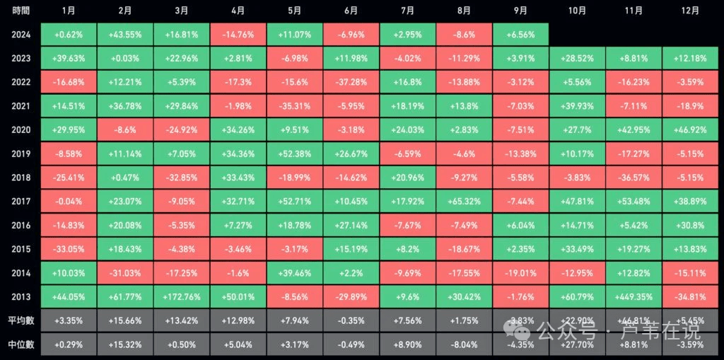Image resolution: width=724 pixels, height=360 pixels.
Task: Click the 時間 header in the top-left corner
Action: pos(21,11)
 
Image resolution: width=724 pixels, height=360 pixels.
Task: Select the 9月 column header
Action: pos(520,11)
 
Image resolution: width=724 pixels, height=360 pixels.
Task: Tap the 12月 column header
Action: pos(691,11)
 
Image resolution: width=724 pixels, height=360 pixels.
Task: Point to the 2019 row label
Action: pos(21,153)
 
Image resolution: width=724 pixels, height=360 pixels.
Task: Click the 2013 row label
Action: pos(21,297)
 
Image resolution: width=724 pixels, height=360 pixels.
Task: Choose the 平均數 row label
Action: pos(21,321)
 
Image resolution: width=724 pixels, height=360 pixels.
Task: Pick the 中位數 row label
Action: pos(21,344)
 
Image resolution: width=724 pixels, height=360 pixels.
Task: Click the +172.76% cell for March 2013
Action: pos(182,297)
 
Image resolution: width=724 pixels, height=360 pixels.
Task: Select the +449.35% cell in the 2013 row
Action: pos(633,297)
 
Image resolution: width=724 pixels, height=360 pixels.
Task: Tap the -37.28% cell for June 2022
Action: pos(351,82)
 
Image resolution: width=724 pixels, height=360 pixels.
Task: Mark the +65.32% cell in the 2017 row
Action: pos(465,202)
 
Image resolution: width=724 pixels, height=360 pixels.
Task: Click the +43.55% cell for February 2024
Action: pos(125,35)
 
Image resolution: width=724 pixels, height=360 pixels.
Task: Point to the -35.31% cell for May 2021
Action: pos(295,106)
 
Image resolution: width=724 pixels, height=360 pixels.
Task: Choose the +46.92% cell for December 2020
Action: pos(691,130)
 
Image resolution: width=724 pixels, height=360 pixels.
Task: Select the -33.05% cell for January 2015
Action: pos(69,249)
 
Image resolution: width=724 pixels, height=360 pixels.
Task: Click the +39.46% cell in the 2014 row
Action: pos(295,273)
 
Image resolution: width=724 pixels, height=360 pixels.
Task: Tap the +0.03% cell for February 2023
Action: pos(125,59)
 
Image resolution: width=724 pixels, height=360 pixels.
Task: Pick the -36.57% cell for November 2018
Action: pos(633,178)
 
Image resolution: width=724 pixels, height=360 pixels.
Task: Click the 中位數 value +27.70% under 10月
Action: pos(577,344)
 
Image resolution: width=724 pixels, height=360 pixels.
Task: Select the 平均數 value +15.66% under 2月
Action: pos(125,321)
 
